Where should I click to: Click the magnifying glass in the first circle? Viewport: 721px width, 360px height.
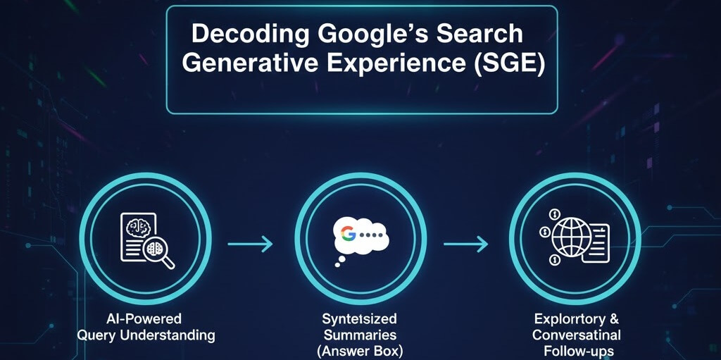pyautogui.click(x=161, y=256)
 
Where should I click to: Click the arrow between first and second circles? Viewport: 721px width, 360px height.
pyautogui.click(x=250, y=244)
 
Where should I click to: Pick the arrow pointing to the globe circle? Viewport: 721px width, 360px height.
pyautogui.click(x=465, y=244)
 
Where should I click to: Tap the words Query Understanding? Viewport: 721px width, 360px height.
pyautogui.click(x=146, y=335)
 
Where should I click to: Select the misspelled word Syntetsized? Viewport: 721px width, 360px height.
pyautogui.click(x=360, y=319)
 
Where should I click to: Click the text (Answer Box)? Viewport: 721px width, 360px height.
pyautogui.click(x=360, y=351)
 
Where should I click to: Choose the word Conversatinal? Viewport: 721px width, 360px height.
pyautogui.click(x=577, y=335)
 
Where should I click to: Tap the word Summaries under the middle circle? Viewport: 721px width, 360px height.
pyautogui.click(x=360, y=335)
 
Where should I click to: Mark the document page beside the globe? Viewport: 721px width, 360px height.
pyautogui.click(x=596, y=243)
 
